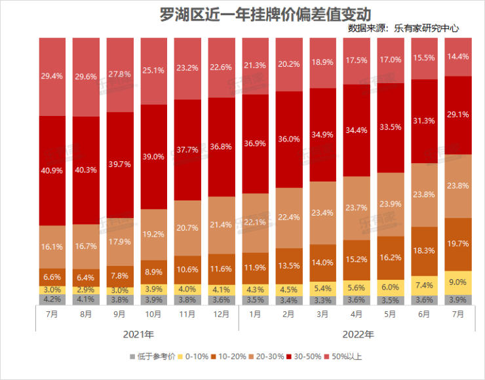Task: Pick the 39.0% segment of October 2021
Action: (x=154, y=157)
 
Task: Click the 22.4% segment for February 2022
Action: (x=290, y=218)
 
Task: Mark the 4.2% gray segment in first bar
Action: (x=52, y=300)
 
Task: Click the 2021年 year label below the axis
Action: (x=138, y=335)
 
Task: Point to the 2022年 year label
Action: (x=359, y=335)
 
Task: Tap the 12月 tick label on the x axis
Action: (x=222, y=314)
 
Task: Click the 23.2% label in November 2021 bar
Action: (x=188, y=67)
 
